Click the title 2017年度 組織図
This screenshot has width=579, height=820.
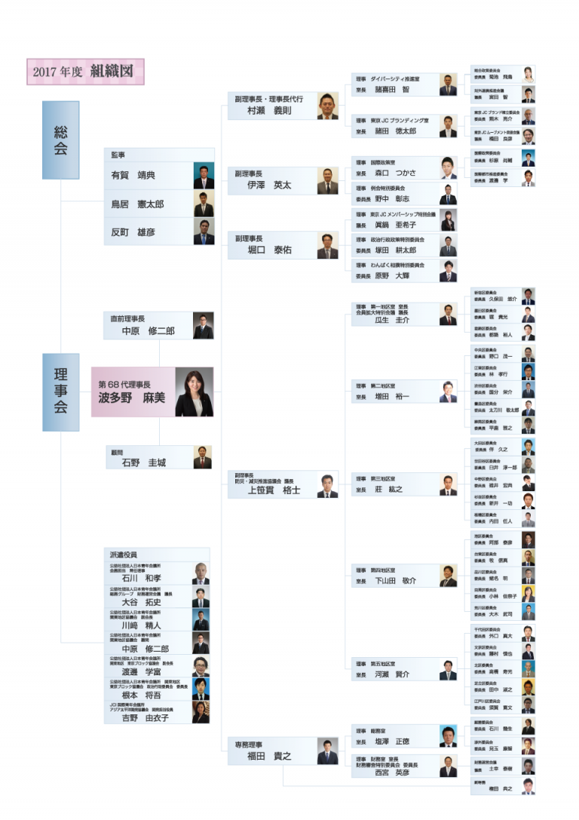[x=85, y=72]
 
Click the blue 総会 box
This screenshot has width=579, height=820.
[x=60, y=140]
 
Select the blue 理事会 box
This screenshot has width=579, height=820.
[x=60, y=392]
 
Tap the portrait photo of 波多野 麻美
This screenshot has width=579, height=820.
[x=194, y=392]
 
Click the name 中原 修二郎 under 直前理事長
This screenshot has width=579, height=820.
[x=148, y=331]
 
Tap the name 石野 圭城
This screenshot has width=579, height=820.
[x=143, y=462]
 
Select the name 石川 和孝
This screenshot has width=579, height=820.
[x=141, y=578]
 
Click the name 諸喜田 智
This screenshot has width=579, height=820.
[x=392, y=89]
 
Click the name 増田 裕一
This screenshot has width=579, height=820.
[x=392, y=396]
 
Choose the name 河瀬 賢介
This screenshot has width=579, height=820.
[x=392, y=674]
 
